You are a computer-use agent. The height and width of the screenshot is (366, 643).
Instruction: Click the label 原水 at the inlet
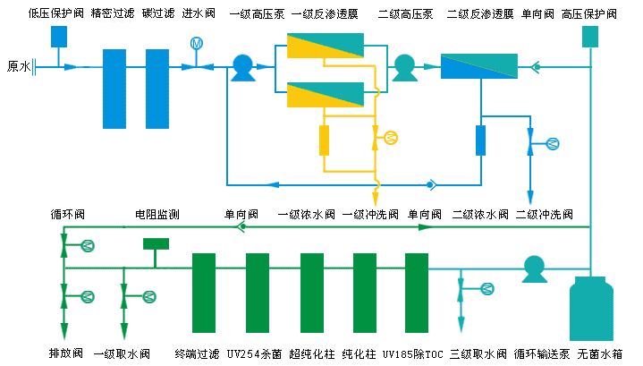19,65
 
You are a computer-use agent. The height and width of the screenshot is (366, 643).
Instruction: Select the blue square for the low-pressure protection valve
60,37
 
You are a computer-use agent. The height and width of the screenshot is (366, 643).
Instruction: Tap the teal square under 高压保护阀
590,37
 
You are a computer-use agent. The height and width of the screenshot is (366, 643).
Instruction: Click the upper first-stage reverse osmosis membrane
326,45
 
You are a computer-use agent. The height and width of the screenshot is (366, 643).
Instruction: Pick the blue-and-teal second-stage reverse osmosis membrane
479,66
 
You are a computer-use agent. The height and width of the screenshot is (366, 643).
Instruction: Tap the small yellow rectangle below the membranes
324,140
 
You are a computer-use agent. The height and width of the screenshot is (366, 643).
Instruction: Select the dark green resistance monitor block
157,243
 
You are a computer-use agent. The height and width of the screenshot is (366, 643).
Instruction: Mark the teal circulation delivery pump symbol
534,268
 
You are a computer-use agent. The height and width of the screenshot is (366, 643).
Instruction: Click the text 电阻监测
157,215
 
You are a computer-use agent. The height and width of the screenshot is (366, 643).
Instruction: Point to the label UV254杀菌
254,353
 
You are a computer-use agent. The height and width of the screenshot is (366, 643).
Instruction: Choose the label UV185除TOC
415,353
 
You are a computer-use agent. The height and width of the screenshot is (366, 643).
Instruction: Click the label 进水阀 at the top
199,14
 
